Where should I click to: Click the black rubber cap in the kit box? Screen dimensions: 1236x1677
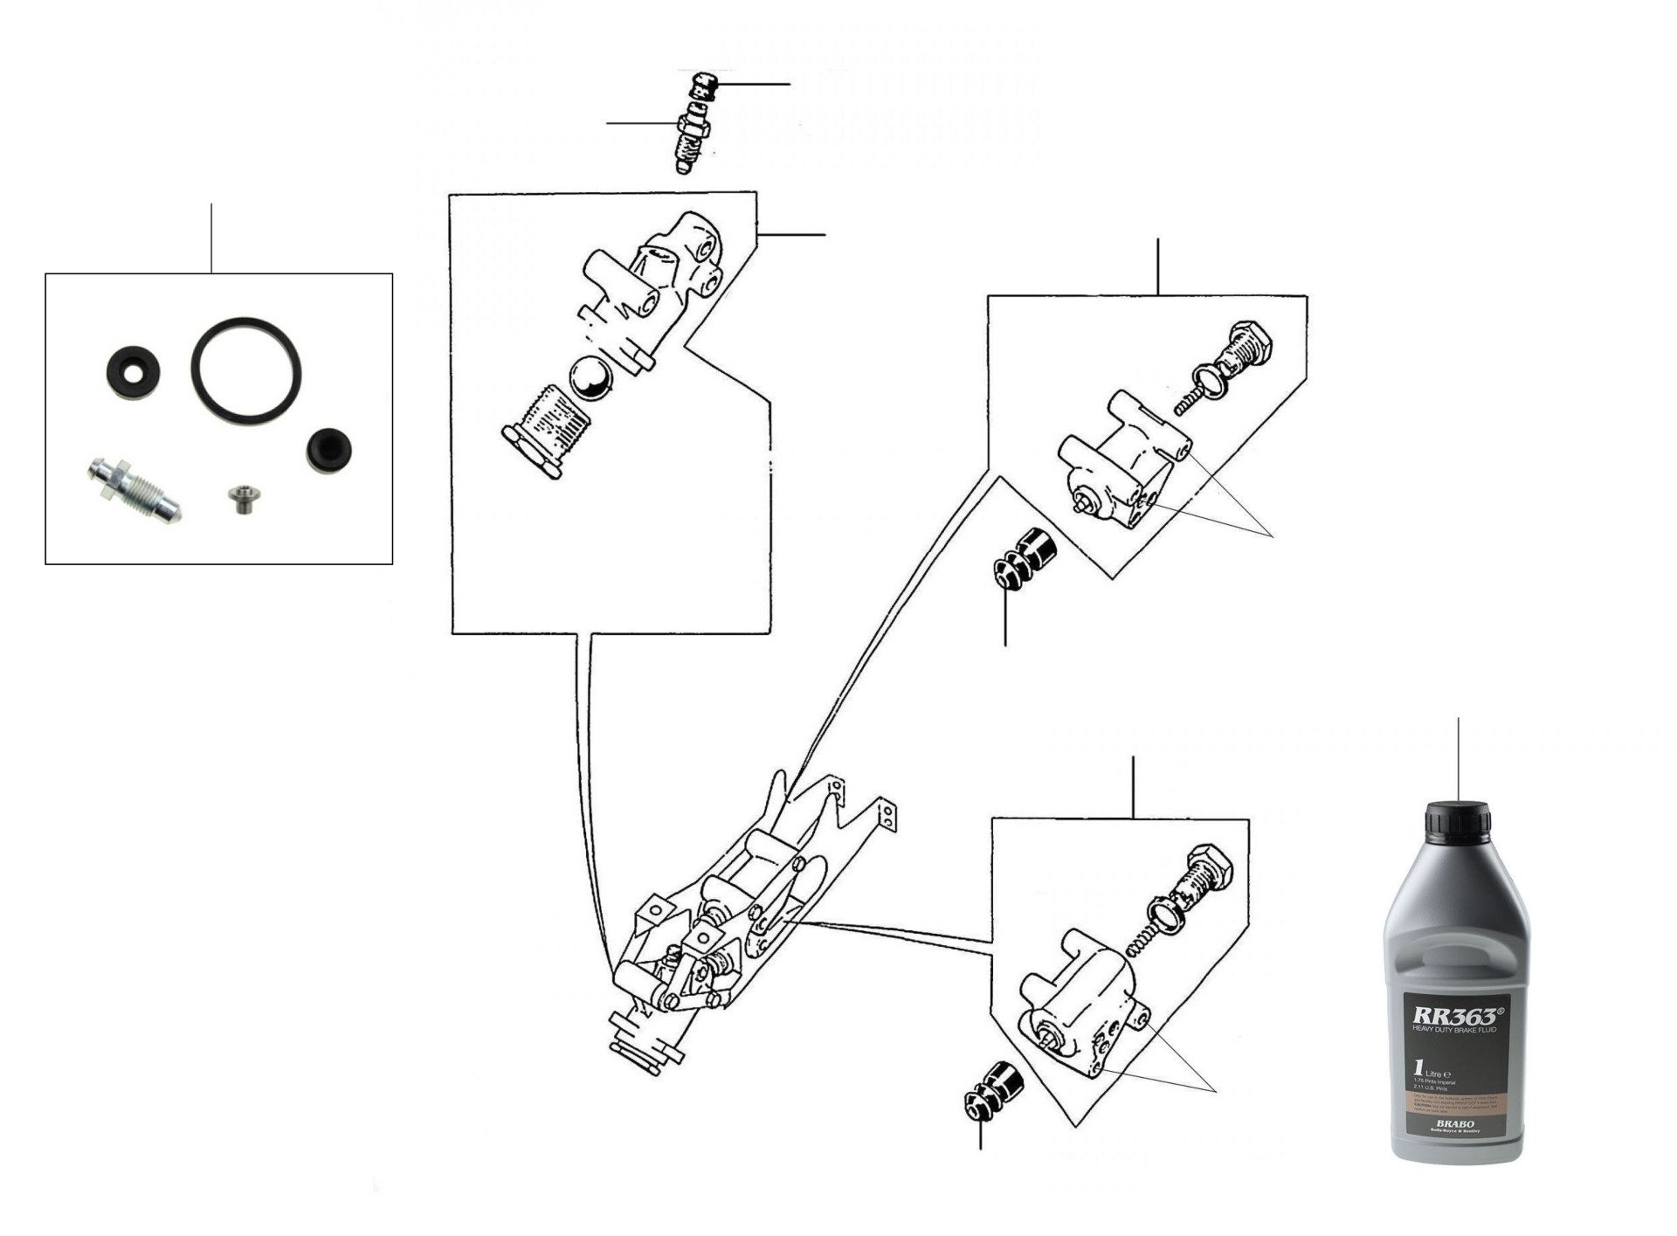[x=328, y=450]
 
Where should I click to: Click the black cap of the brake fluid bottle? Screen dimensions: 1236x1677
[x=1457, y=822]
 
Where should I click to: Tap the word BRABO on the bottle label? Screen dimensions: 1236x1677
[x=1454, y=1124]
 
